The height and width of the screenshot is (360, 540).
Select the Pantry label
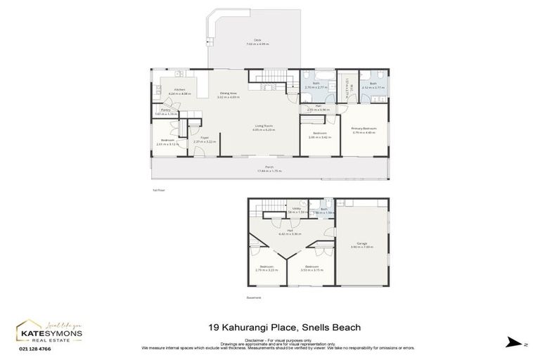[166, 110]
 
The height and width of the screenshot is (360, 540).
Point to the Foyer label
[205, 139]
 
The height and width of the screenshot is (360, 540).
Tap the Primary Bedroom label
[364, 129]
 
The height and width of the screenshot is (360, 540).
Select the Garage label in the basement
[361, 243]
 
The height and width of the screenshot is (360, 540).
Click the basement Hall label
[290, 230]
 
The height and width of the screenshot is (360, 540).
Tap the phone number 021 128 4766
[35, 349]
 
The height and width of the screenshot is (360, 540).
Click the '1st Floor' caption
[158, 190]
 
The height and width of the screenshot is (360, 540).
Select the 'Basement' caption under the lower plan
[254, 297]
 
